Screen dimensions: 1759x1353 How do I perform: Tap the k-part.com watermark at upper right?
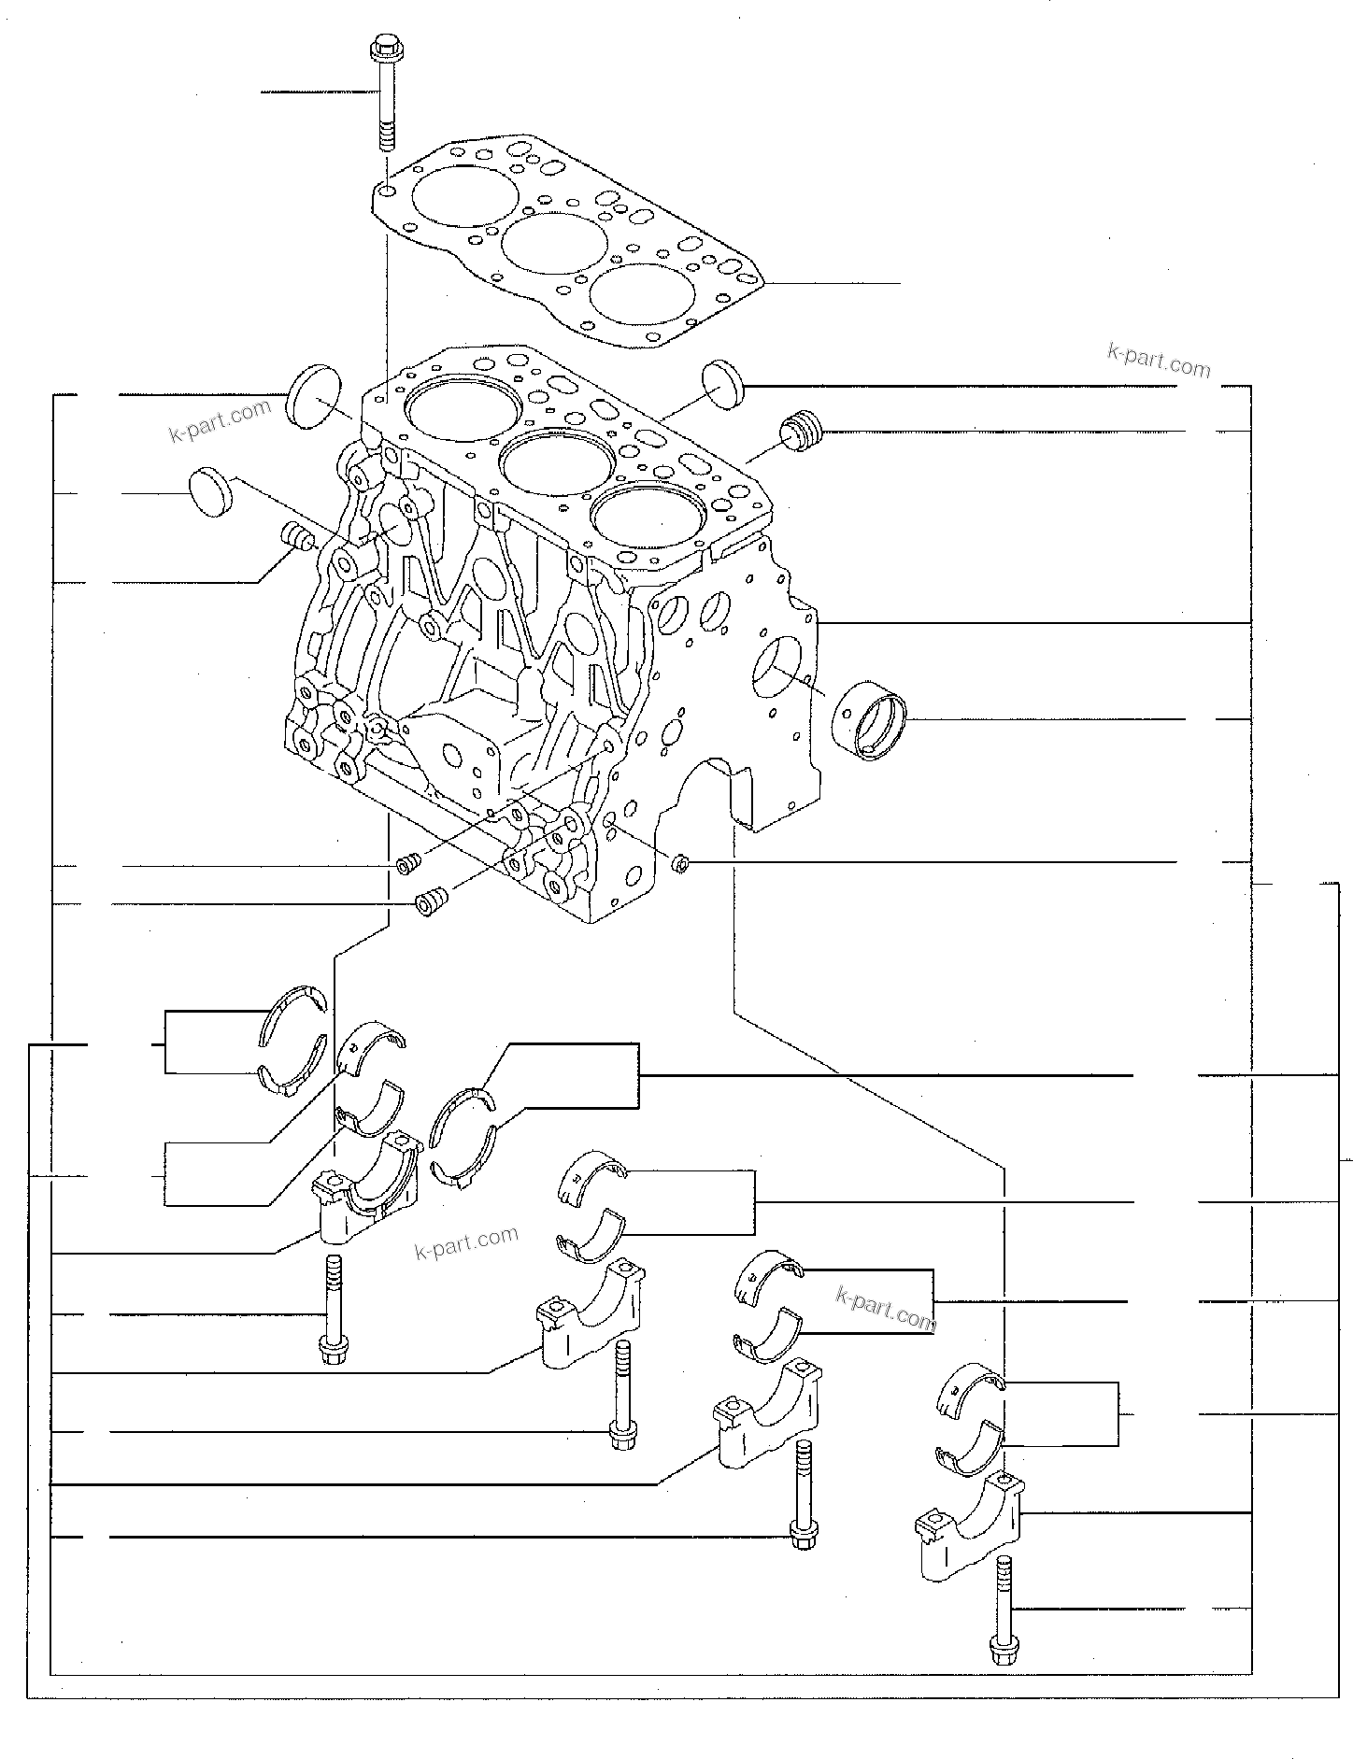click(x=1158, y=359)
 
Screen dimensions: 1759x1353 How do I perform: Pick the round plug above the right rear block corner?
click(x=720, y=383)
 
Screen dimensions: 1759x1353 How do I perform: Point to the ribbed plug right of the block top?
click(x=802, y=431)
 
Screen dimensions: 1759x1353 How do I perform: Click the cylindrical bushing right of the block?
click(x=870, y=720)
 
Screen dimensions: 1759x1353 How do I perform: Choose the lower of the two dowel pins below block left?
click(x=431, y=903)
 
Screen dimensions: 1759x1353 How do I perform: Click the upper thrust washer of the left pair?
click(x=293, y=1014)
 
